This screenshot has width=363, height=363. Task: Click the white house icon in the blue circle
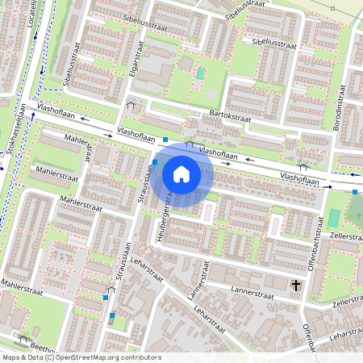[x=181, y=173]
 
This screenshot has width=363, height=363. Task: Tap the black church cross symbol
[x=296, y=285]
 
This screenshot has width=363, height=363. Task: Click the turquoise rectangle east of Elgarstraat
[x=200, y=73]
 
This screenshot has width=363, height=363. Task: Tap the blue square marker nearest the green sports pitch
[x=355, y=192]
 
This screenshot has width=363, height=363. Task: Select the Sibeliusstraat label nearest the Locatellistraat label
[x=72, y=65]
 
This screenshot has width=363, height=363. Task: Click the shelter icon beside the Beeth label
[x=23, y=336]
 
